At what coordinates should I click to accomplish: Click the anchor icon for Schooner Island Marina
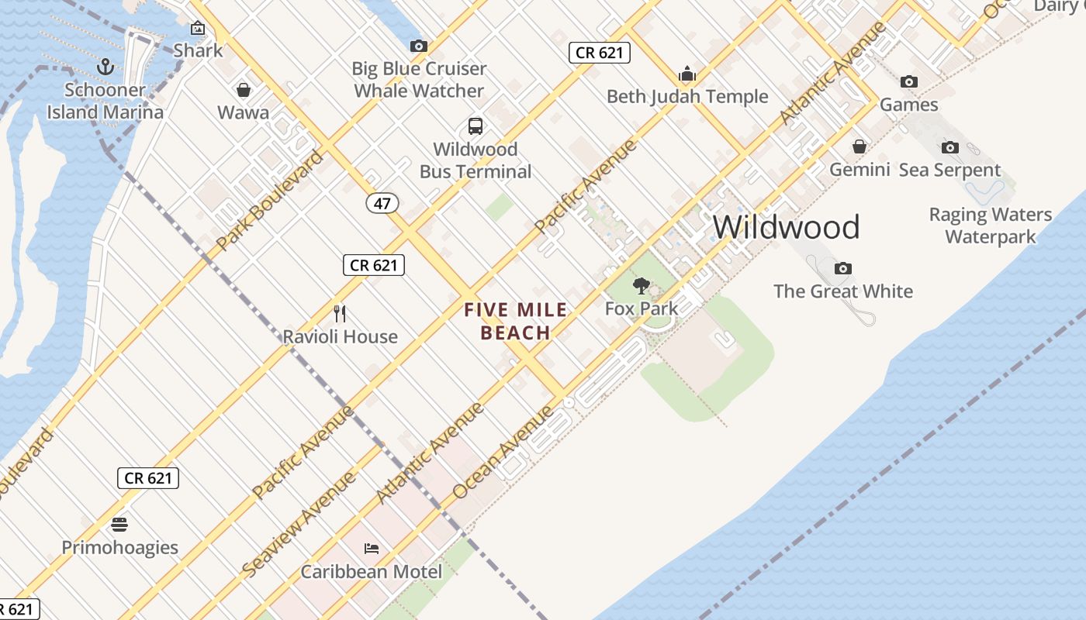tap(105, 67)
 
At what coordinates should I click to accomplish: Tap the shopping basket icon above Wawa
tap(244, 90)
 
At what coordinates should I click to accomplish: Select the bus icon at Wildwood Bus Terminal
tap(476, 126)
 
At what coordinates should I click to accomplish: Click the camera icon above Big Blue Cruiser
tap(419, 46)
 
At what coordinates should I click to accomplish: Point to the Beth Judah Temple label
tap(687, 97)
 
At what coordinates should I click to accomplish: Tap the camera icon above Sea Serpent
tap(950, 147)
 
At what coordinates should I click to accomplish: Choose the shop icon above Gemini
tap(859, 146)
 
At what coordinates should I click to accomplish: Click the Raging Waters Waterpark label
tap(991, 226)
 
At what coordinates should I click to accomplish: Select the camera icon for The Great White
tap(843, 269)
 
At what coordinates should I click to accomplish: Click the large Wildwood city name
tap(786, 227)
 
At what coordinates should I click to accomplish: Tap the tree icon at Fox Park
tap(641, 286)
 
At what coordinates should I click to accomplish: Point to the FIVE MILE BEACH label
tap(516, 322)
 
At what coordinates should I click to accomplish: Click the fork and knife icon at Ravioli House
tap(340, 314)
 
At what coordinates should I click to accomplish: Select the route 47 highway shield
tap(382, 203)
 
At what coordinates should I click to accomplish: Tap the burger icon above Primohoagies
tap(119, 525)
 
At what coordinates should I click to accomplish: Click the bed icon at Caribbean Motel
tap(372, 549)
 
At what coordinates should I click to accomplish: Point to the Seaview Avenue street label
tap(299, 523)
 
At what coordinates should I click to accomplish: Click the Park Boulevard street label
tap(269, 200)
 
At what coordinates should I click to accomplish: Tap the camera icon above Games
tap(909, 82)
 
